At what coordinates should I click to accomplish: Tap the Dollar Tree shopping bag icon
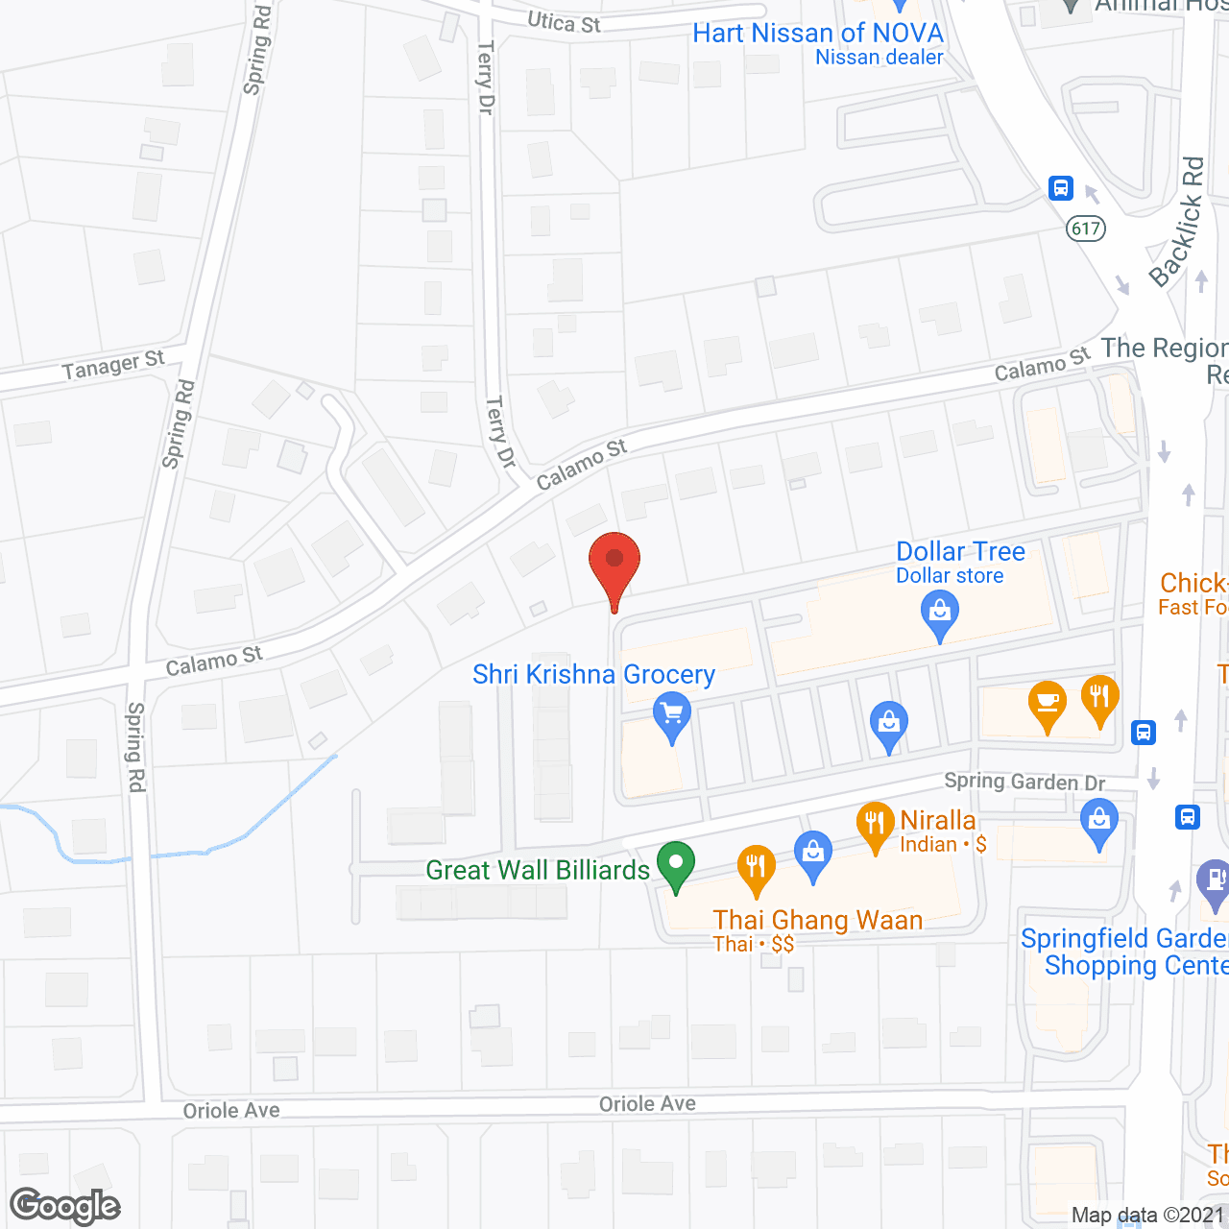(940, 612)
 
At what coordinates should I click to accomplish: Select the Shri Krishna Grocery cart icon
(672, 715)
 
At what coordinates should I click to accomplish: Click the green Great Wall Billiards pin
(676, 862)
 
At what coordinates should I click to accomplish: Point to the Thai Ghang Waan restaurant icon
(757, 867)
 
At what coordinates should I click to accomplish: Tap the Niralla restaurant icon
(875, 824)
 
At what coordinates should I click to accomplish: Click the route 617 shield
(1086, 229)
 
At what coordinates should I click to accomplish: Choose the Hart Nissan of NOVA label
(818, 34)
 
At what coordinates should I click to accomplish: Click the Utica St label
(565, 22)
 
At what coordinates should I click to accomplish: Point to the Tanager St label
(113, 365)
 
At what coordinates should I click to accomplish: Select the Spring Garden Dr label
(1024, 782)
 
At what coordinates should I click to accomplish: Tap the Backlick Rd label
(1178, 223)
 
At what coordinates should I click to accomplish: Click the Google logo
(65, 1206)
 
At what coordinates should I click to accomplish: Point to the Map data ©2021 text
(1147, 1216)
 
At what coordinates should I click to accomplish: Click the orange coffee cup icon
(1048, 702)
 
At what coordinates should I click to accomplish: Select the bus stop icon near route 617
(1061, 187)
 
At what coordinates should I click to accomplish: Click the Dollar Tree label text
(960, 552)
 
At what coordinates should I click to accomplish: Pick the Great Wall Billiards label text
(538, 870)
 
